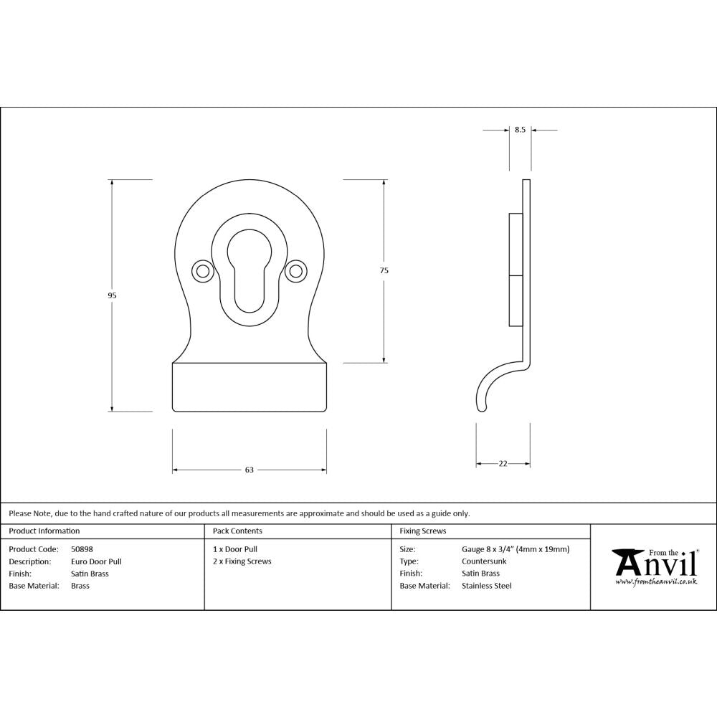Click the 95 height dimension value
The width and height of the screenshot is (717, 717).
coord(112,295)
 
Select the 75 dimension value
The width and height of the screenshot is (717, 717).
coord(384,270)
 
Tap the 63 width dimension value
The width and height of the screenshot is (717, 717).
coord(250,470)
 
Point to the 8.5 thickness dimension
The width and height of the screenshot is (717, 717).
coord(520,130)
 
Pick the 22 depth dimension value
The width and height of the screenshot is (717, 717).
coord(503,464)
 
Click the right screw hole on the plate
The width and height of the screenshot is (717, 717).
coord(294,270)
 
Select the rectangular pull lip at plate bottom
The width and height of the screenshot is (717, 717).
coord(249,387)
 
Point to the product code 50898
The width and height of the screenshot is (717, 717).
coord(82,549)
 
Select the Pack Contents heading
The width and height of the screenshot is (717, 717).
coord(237,531)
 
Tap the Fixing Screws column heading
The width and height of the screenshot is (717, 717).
coord(422,531)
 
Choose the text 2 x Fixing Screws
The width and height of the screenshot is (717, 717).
coord(242,561)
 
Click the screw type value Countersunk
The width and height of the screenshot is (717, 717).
coord(484,561)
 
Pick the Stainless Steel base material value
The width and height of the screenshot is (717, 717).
coord(487,586)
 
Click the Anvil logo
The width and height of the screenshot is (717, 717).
coord(654,566)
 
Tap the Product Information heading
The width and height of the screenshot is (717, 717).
coord(44,531)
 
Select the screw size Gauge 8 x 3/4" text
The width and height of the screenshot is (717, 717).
coord(516,549)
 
